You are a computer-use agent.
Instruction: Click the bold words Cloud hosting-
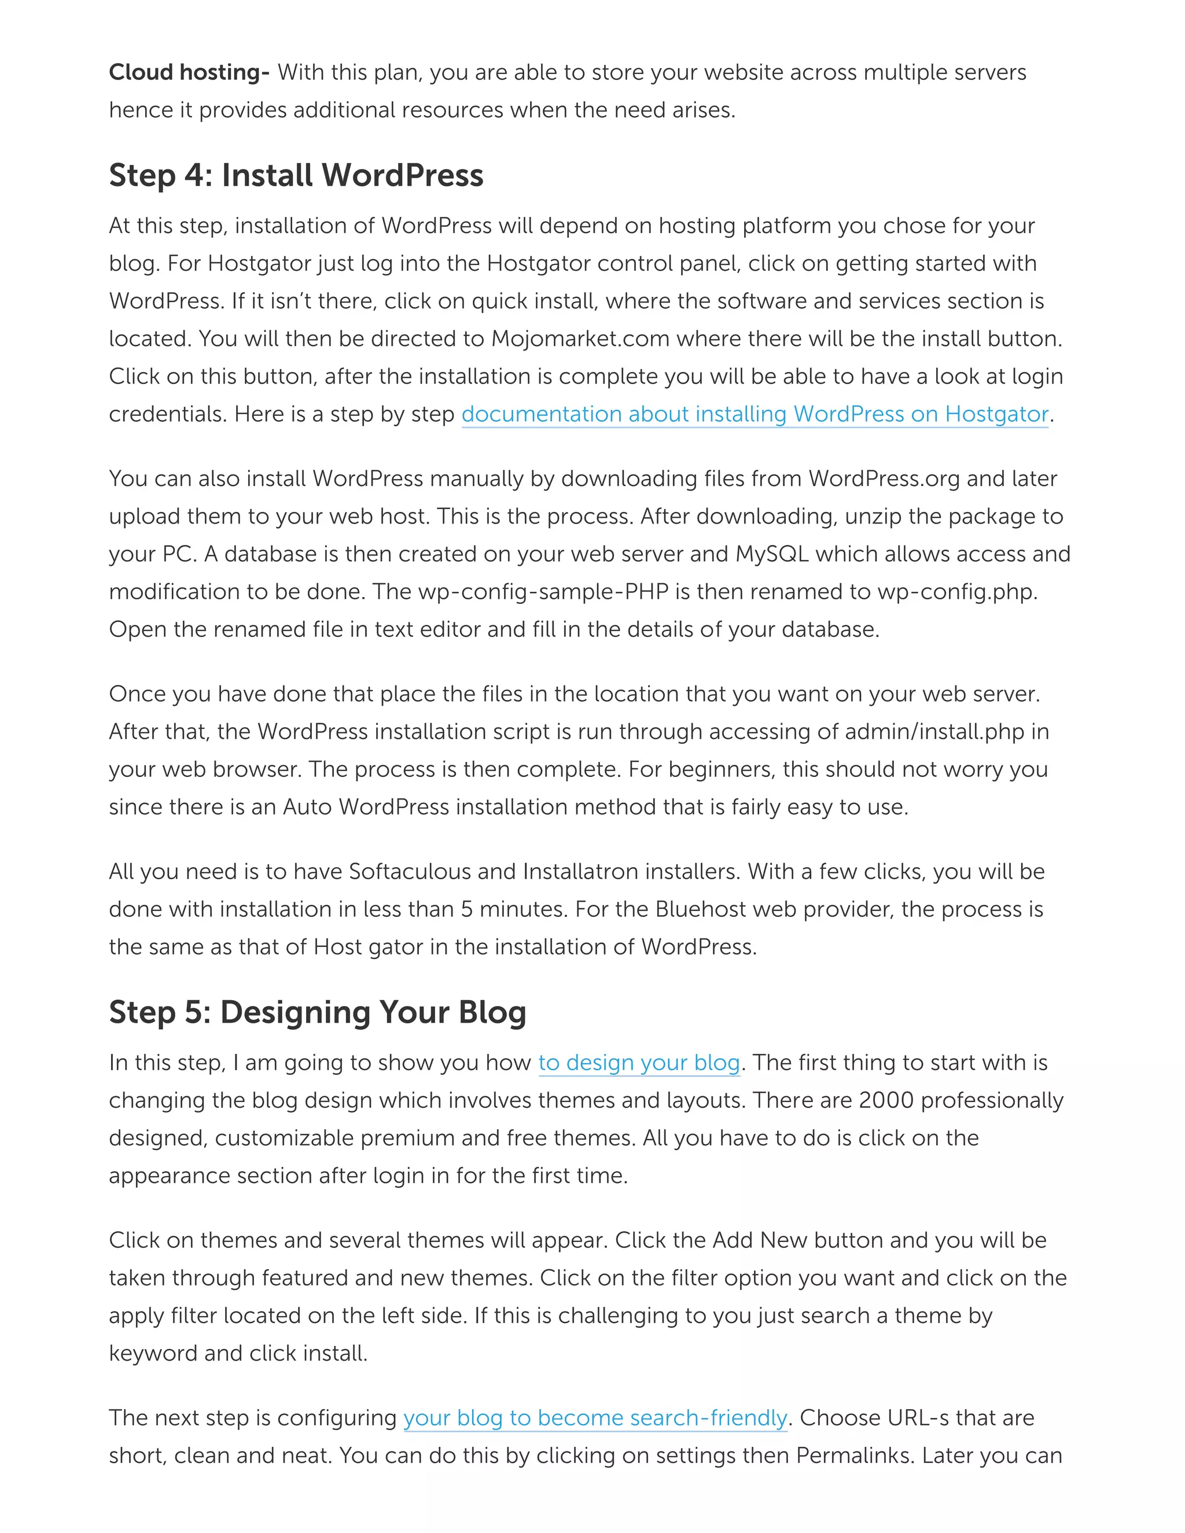pos(188,72)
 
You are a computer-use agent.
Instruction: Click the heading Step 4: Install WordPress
pos(296,175)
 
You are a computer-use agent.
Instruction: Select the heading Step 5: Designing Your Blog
pos(317,1012)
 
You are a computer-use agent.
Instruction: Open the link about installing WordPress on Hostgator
pos(754,414)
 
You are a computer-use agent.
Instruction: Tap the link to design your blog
pos(639,1063)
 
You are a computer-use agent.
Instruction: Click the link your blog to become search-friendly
pos(595,1418)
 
